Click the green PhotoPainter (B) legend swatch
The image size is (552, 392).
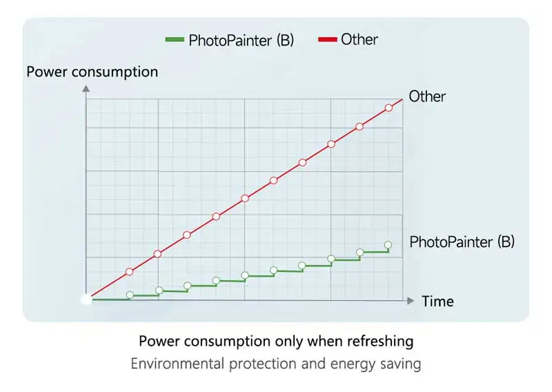pos(175,39)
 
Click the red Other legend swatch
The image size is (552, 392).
pos(327,39)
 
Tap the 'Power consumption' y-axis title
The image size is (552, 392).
pos(92,72)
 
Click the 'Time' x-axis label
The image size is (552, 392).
pos(437,301)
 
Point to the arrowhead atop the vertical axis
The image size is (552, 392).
pos(86,88)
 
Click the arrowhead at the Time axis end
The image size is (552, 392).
pos(411,300)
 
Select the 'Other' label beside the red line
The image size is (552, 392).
pos(427,96)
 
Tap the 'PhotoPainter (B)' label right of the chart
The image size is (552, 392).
pos(462,242)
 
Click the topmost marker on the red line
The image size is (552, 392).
pos(388,108)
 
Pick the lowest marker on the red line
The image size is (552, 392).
pos(129,271)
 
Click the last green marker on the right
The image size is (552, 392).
pos(388,245)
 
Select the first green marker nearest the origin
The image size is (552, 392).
pos(130,295)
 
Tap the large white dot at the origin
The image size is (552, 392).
pos(86,300)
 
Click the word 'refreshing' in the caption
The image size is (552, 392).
pos(380,341)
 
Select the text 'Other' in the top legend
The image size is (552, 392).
pos(359,39)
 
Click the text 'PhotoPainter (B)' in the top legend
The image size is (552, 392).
pos(241,39)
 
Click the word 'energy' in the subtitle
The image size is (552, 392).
pos(349,363)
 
